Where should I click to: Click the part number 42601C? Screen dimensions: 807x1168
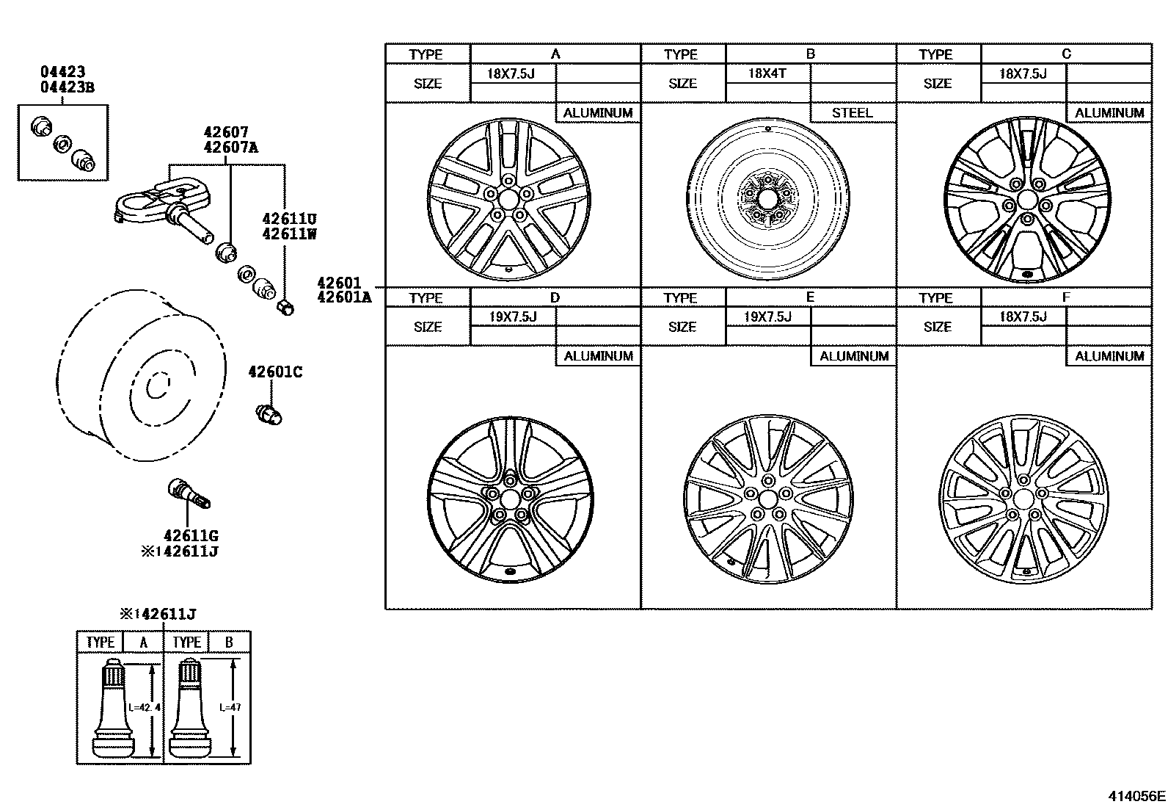[x=274, y=372]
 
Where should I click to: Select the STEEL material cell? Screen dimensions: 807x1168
[x=852, y=113]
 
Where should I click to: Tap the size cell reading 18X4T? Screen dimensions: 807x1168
[x=767, y=73]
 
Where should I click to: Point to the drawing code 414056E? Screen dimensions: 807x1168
[x=1136, y=795]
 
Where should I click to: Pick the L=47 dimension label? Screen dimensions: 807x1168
[x=230, y=707]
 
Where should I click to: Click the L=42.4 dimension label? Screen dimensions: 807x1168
[x=143, y=707]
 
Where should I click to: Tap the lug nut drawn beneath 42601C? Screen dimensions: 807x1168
[x=269, y=414]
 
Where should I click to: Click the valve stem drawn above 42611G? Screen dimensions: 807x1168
[x=189, y=493]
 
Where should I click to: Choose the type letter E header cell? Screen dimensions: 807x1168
[x=810, y=297]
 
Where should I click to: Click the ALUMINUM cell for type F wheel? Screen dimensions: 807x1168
[x=1109, y=356]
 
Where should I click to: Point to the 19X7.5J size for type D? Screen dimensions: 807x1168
[x=512, y=316]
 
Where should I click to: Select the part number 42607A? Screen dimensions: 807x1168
[x=231, y=147]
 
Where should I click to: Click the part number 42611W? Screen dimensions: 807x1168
[x=289, y=234]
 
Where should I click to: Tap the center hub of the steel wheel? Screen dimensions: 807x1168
[x=768, y=198]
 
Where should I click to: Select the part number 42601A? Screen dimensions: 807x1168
[x=344, y=297]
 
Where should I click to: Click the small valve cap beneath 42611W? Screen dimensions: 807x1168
[x=285, y=307]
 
